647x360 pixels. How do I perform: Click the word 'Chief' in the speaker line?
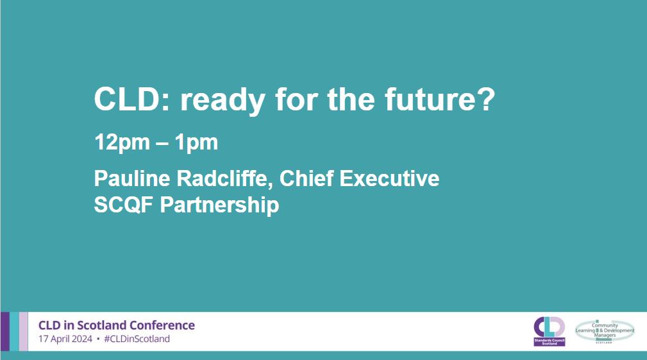click(309, 178)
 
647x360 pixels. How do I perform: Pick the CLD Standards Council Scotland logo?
click(550, 330)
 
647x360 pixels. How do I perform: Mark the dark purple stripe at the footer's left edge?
click(4, 331)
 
